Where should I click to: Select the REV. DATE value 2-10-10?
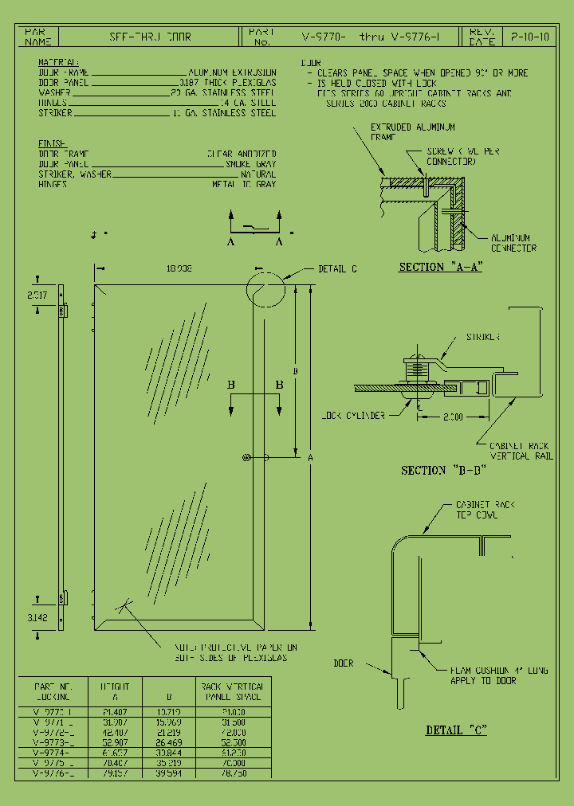coord(529,37)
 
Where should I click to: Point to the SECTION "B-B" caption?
coord(434,471)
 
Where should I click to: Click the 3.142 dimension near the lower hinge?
coord(37,617)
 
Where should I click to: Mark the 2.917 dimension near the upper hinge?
coord(37,295)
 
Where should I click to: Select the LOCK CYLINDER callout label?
coord(353,416)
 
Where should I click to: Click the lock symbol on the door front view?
coord(247,457)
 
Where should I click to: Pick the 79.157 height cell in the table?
coord(116,772)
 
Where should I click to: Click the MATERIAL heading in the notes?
coord(58,61)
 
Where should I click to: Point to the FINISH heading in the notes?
coord(53,143)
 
